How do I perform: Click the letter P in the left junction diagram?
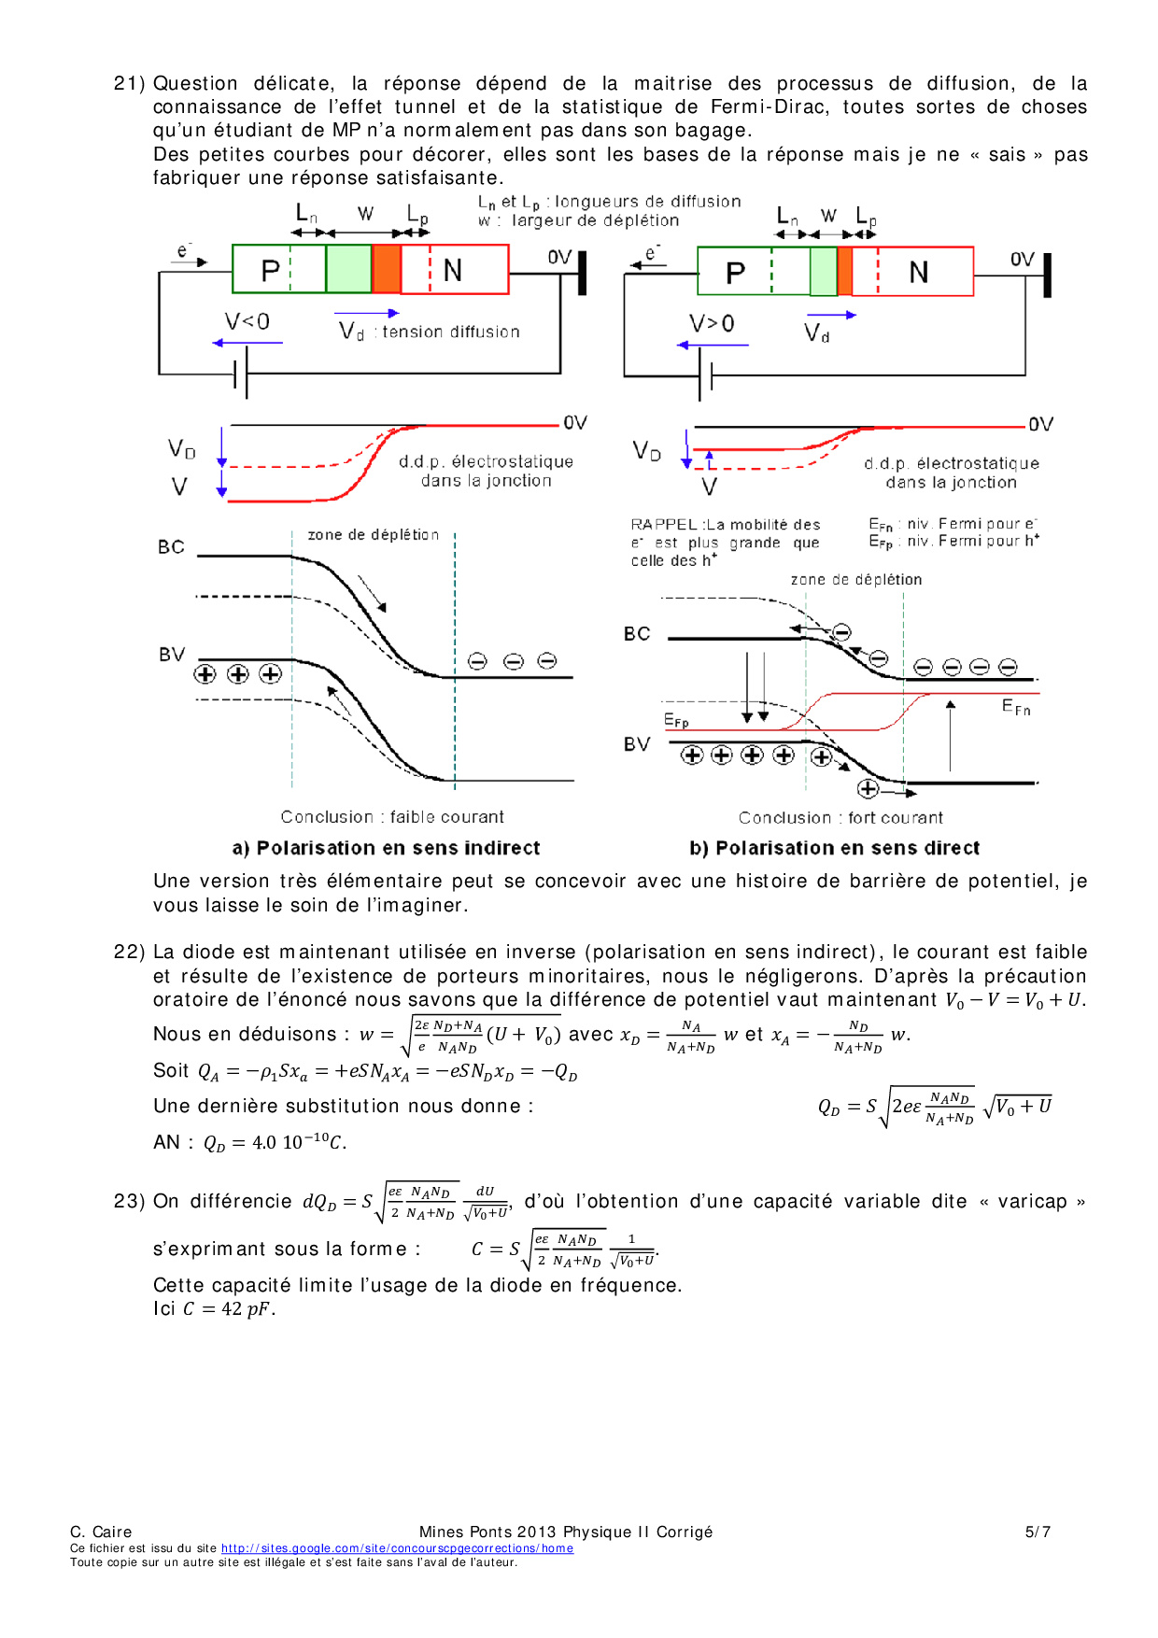tap(270, 271)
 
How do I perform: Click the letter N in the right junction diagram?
tap(919, 273)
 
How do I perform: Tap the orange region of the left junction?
tap(386, 269)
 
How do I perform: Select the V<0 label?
tap(247, 322)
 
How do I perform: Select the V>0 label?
tap(712, 324)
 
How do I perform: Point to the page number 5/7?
tap(1038, 1532)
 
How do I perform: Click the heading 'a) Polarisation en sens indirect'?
tap(386, 848)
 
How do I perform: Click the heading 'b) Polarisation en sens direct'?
tap(834, 848)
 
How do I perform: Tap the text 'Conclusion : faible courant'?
tap(392, 817)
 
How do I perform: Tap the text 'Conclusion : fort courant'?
tap(840, 818)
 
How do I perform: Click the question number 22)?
tap(129, 952)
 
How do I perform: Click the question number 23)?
tap(129, 1201)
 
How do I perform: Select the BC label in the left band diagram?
tap(171, 547)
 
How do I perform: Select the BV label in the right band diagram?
tap(637, 744)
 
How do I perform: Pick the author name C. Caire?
tap(101, 1532)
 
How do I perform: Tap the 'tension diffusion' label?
tap(451, 332)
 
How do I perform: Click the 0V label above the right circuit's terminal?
tap(1023, 259)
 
